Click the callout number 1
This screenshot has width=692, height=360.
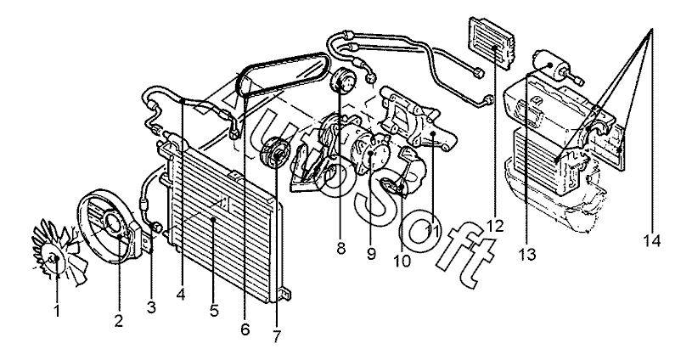[x=57, y=311]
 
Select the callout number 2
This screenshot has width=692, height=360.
[x=118, y=321]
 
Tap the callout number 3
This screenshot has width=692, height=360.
[x=151, y=307]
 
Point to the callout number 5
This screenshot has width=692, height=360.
[x=214, y=311]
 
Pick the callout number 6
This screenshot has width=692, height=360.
[x=245, y=329]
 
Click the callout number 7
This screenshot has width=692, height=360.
[x=277, y=336]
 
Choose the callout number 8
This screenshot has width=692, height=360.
[x=340, y=249]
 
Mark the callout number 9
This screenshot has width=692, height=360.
[x=371, y=254]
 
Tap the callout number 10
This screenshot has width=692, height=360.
[x=402, y=262]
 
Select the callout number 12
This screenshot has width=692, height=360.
[x=496, y=227]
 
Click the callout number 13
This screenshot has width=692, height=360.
[x=527, y=254]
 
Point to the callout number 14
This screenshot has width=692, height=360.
[x=652, y=241]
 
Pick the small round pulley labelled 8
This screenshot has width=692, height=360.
[x=343, y=82]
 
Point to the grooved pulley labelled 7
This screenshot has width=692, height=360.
[x=274, y=153]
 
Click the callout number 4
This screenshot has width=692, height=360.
[x=180, y=295]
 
